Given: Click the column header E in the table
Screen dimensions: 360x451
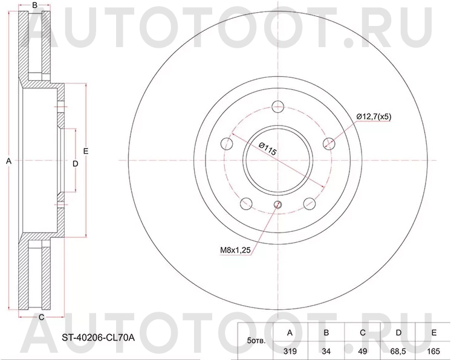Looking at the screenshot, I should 433,332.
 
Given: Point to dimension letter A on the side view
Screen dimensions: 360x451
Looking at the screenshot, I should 8,161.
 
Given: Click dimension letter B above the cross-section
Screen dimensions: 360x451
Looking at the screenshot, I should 35,5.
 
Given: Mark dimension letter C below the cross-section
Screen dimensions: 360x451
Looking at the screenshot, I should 41,317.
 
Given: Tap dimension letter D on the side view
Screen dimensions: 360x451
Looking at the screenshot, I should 75,164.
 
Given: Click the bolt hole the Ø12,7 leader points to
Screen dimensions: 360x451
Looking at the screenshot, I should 329,143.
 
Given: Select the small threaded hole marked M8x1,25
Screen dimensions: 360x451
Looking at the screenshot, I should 277,204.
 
